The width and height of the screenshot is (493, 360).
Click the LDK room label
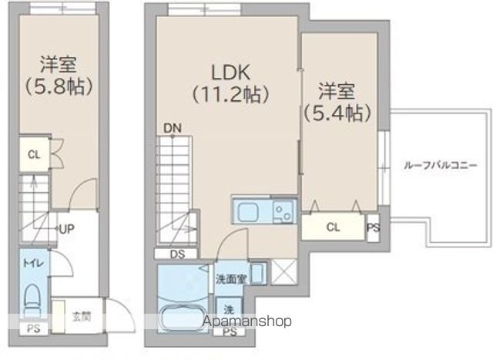tap(230, 72)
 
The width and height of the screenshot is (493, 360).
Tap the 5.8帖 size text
tap(59, 85)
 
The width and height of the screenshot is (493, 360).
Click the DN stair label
tap(171, 128)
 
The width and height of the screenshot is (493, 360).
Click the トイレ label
tap(33, 264)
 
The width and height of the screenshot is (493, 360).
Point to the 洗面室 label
tap(230, 278)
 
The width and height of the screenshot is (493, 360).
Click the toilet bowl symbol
tap(33, 298)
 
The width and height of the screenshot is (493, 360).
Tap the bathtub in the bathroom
tap(179, 318)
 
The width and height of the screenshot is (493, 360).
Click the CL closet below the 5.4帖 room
tap(332, 227)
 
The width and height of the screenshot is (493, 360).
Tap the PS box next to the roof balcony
tap(373, 227)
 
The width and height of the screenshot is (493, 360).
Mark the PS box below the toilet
tap(32, 328)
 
